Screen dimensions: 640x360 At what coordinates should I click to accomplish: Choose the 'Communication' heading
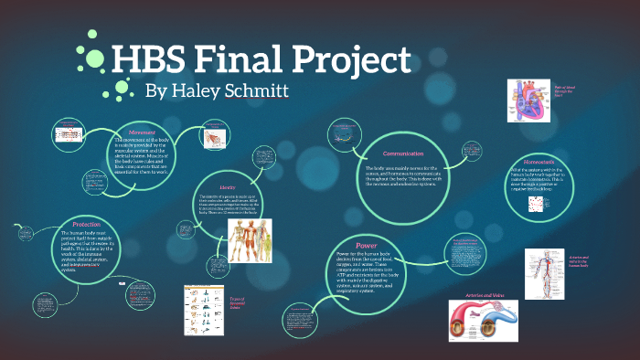pos(404,154)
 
